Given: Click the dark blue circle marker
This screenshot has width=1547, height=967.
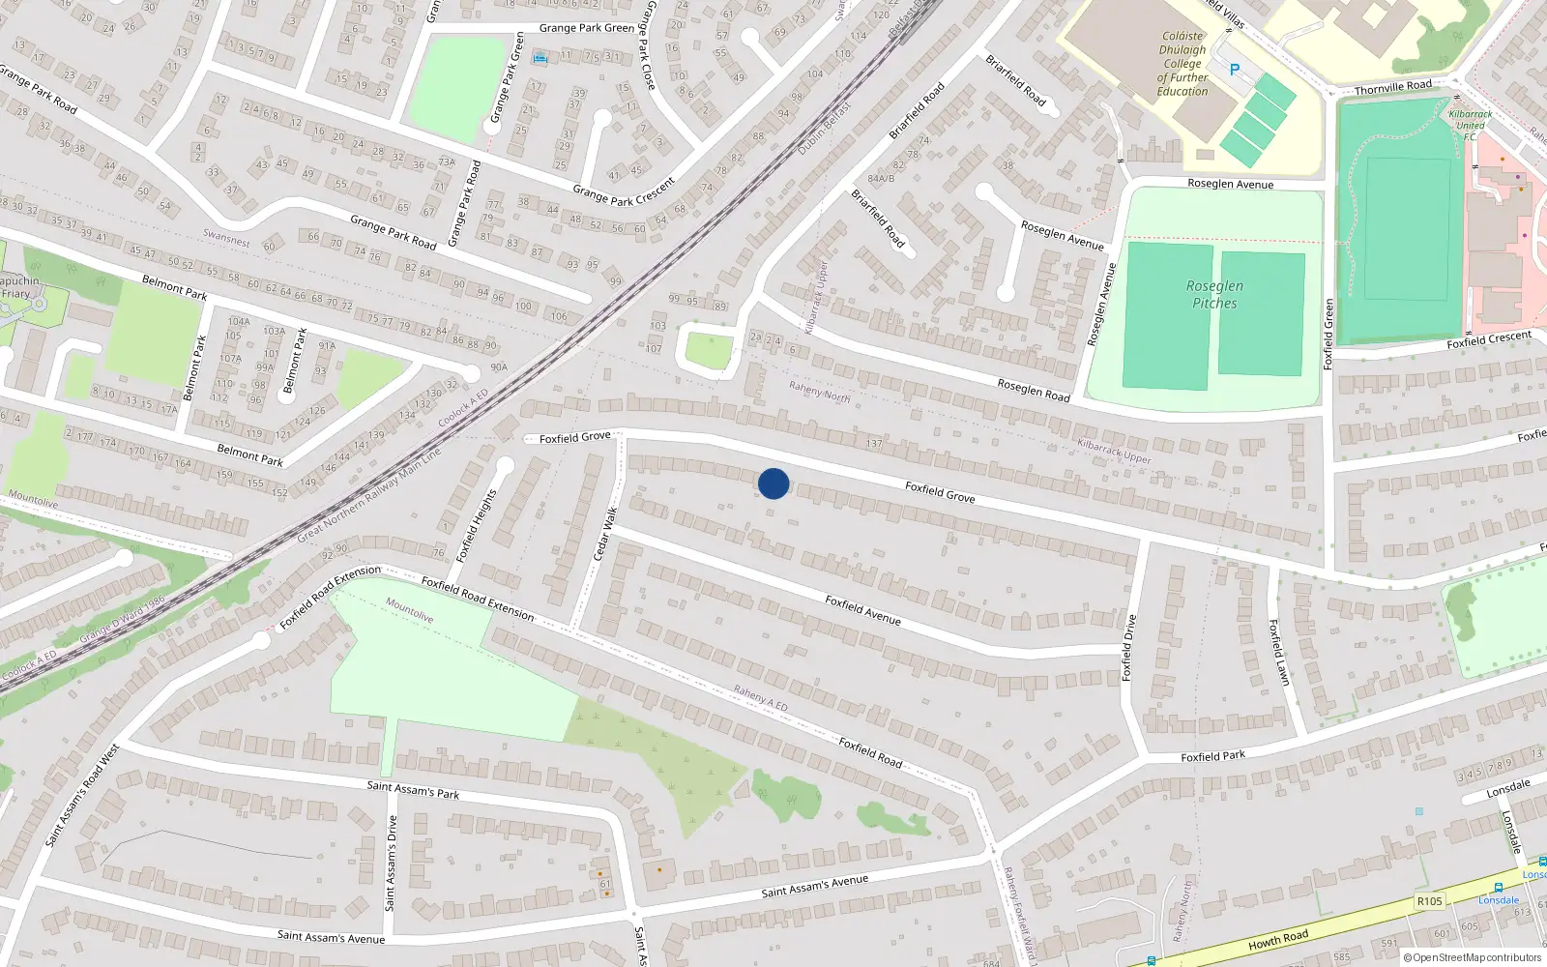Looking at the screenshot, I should (773, 483).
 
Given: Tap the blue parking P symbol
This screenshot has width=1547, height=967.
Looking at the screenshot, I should (1234, 70).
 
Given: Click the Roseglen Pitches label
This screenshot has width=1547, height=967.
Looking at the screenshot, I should (1214, 294).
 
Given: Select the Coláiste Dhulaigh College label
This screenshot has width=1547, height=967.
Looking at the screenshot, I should (1182, 64).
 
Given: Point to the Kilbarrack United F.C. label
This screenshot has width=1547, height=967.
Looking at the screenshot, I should (1470, 125).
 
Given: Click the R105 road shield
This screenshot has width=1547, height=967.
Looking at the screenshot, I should (1429, 901).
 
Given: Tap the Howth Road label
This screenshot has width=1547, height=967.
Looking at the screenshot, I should (1277, 939).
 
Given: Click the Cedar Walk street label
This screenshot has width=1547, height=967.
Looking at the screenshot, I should (604, 534).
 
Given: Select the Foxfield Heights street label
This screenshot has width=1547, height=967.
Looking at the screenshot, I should (476, 525).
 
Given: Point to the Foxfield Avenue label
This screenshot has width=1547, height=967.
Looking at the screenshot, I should (862, 610).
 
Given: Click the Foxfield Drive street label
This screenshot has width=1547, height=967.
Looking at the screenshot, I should (1127, 648).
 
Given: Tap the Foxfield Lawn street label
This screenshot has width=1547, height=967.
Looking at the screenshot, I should (1279, 653).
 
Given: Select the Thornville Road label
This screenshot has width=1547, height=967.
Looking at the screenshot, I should (1392, 88).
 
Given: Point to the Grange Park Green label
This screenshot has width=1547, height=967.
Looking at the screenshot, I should (586, 28).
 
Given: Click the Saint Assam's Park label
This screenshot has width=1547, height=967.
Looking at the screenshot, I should (413, 789).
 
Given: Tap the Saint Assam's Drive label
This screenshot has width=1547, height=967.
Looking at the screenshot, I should (391, 863).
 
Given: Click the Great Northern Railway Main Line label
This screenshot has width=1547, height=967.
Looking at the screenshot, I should (368, 494).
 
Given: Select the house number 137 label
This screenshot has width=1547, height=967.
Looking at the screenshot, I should (874, 444).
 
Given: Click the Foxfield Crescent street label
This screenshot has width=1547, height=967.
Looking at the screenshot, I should (1489, 339).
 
